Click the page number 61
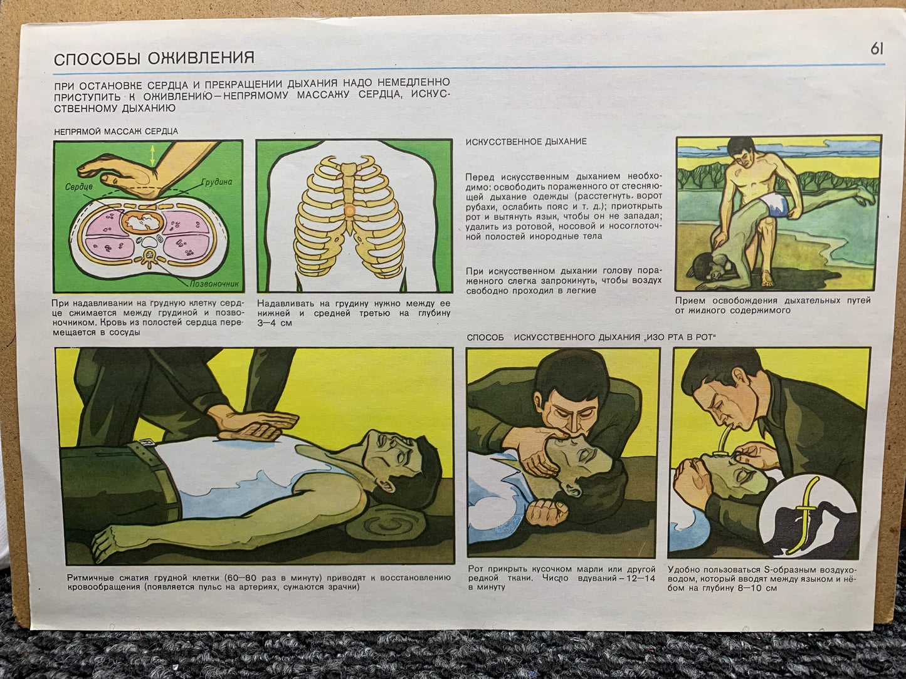[877, 49]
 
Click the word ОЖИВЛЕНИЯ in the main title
[201, 58]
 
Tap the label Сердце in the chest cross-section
[79, 187]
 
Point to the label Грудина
[217, 182]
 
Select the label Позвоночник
[214, 284]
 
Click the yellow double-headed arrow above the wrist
[153, 156]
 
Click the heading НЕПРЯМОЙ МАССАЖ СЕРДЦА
[116, 132]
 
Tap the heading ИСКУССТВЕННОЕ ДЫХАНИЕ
[526, 142]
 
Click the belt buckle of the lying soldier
[147, 443]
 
